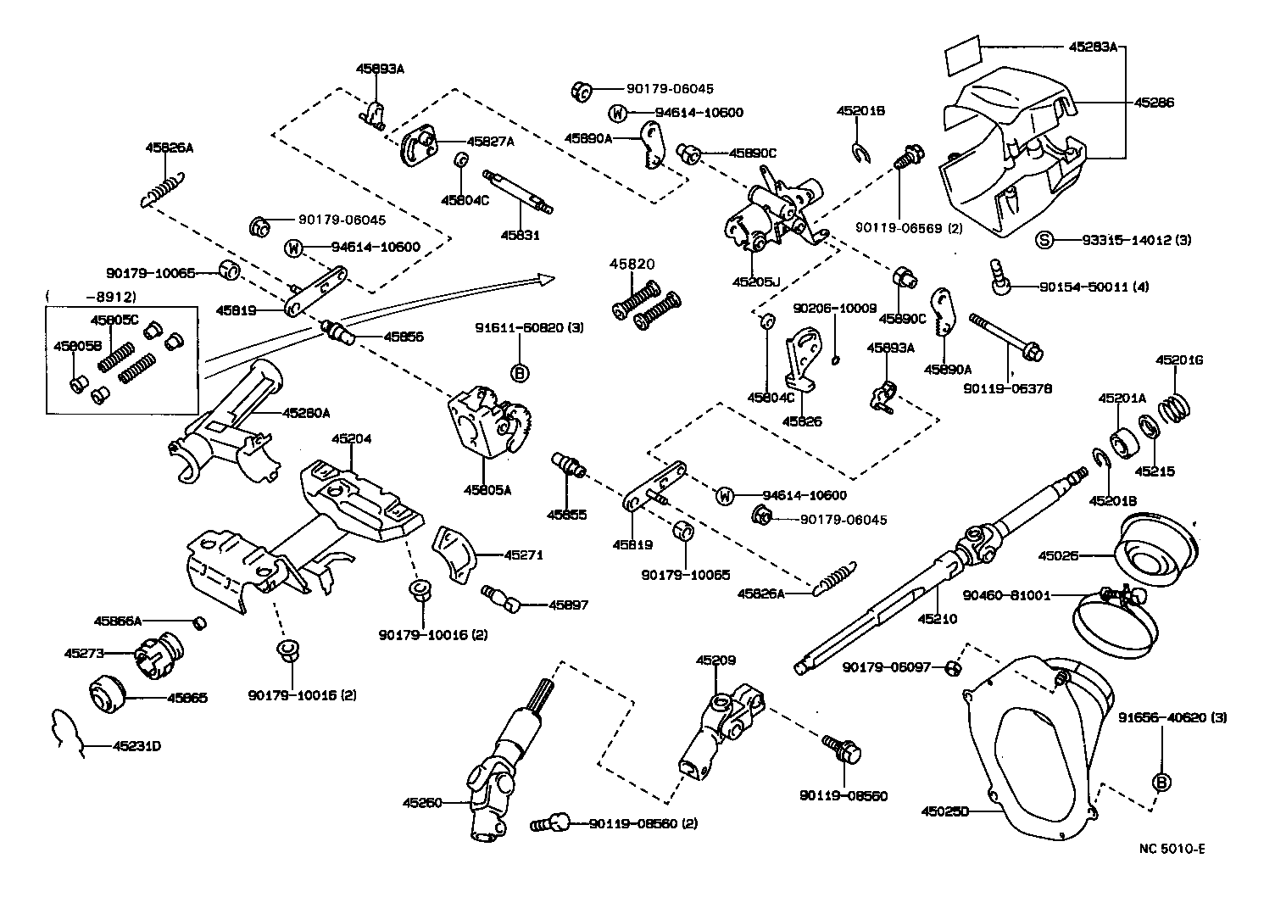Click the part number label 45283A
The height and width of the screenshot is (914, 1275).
click(1092, 47)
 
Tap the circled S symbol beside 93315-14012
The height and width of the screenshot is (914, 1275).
click(1044, 240)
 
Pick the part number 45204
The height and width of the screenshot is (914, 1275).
click(351, 439)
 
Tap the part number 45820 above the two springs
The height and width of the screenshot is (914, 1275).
click(632, 265)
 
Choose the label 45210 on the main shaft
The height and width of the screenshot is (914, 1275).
click(937, 619)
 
